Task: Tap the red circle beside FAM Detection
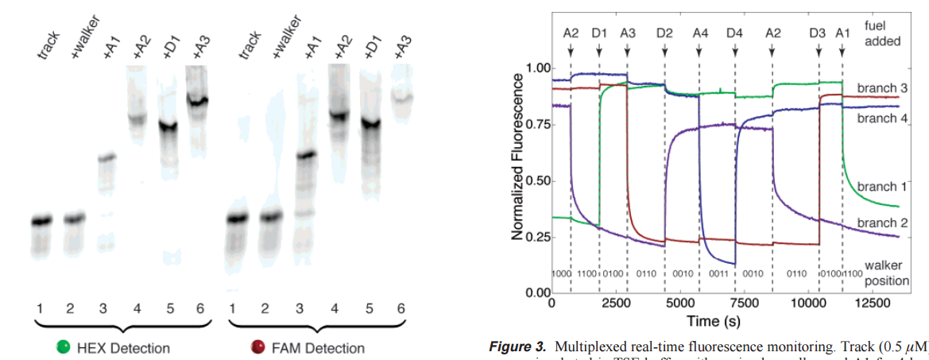point(257,347)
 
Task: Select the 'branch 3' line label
point(882,87)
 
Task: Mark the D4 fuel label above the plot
point(735,33)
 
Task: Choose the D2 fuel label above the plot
point(665,33)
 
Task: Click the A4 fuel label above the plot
point(699,33)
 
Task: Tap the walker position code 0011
point(716,273)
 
